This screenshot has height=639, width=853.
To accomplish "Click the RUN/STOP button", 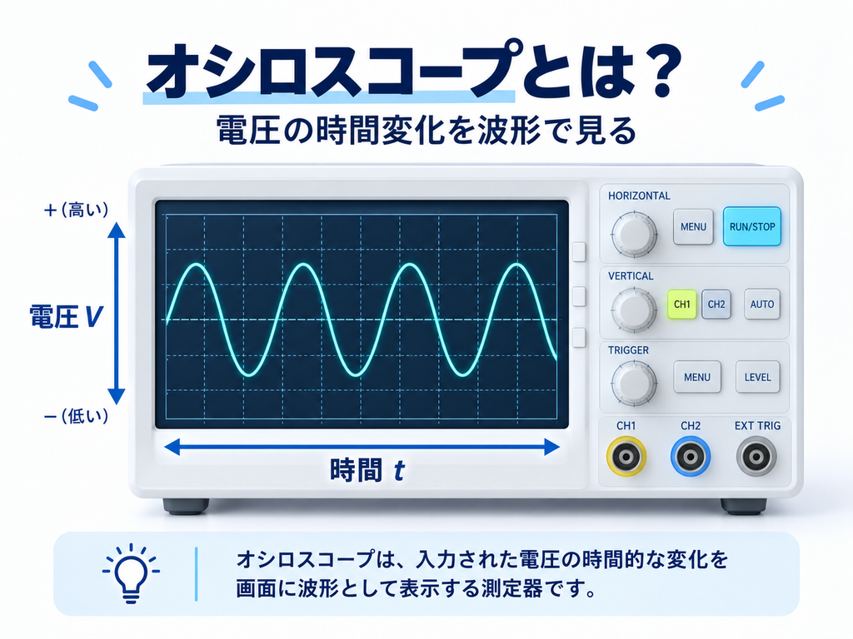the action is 752,226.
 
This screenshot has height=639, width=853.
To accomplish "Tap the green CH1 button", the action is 681,305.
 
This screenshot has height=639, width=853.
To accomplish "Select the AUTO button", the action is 761,305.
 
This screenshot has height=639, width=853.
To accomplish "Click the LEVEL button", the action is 757,377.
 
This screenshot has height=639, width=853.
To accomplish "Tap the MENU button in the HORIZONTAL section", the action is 693,226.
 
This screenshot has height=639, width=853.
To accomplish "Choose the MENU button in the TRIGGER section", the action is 697,377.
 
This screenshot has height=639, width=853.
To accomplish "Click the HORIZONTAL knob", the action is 634,235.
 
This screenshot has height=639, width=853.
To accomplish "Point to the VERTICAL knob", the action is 634,310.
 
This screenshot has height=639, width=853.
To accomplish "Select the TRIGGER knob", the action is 634,383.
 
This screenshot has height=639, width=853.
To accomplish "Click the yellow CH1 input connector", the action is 626,457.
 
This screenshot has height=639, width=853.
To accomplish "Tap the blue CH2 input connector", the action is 691,457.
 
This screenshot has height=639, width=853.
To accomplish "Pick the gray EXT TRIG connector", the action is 756,457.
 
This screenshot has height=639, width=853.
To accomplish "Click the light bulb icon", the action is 131,573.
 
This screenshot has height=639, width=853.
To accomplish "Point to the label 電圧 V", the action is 66,316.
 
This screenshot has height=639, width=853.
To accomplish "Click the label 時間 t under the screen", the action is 367,470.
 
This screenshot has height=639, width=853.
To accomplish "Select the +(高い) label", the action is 76,210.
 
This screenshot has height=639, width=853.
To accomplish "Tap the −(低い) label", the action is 76,417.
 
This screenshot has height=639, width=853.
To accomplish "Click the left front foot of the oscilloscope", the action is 186,507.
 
